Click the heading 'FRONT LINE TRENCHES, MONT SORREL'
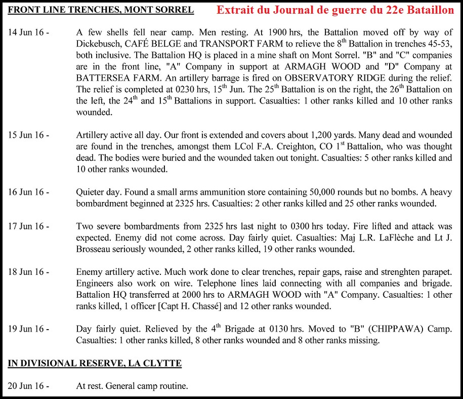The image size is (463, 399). pos(101,10)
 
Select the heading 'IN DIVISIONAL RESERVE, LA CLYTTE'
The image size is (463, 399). pos(95,363)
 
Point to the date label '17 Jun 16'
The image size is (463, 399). pos(26,227)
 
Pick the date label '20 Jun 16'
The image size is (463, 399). pos(26,386)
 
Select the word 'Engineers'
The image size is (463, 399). pos(95,284)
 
